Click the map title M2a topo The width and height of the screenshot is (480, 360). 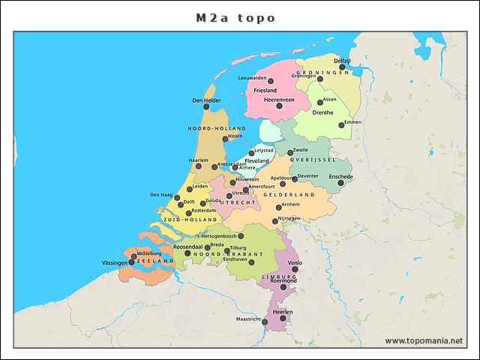[236, 17]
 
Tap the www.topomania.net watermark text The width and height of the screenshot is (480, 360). [423, 340]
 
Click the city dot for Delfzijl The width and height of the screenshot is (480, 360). [342, 67]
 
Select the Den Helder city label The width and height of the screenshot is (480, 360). [206, 100]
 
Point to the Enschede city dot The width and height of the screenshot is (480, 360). [340, 183]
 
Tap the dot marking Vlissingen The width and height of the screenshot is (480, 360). [132, 262]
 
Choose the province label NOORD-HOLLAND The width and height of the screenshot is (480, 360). [217, 129]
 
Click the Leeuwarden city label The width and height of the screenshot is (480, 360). [252, 78]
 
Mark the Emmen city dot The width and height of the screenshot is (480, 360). [341, 125]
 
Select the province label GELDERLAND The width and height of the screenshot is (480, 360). [288, 195]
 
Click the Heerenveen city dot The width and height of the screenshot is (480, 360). [279, 106]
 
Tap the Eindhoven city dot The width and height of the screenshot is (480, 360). [251, 262]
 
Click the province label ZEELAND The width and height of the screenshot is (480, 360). [156, 261]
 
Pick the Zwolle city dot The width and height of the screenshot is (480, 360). [290, 152]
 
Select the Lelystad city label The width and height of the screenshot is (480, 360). [265, 151]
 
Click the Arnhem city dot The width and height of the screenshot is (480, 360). [279, 208]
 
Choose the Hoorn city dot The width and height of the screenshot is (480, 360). [226, 139]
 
